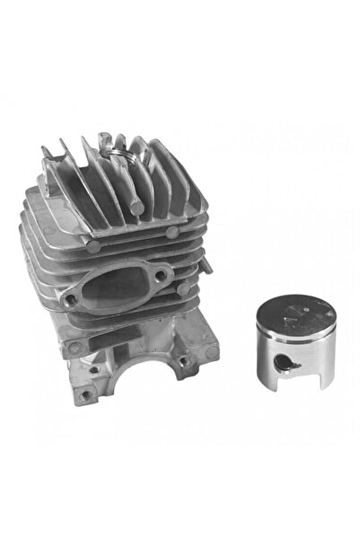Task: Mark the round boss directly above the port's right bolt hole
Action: click(x=171, y=233)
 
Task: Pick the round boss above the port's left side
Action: click(x=93, y=243)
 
